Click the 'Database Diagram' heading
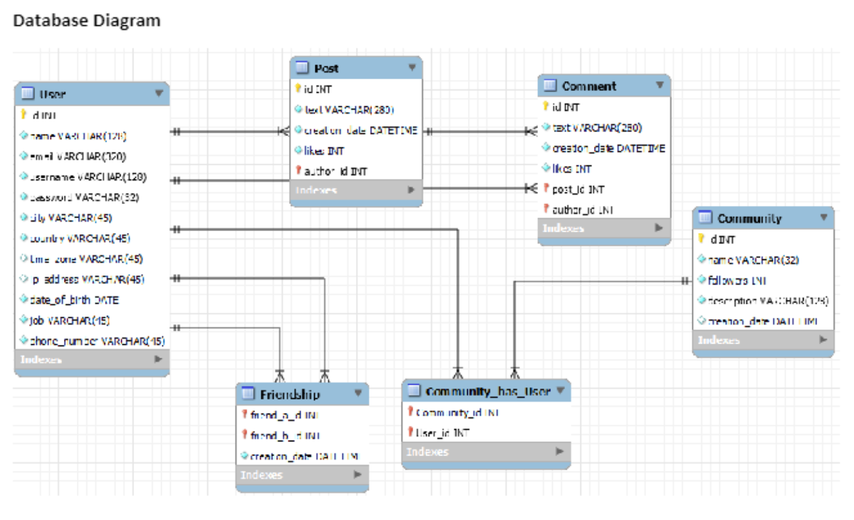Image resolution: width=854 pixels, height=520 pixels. [x=87, y=21]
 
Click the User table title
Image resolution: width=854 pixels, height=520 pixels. [x=53, y=94]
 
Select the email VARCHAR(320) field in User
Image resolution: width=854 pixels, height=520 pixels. [x=78, y=156]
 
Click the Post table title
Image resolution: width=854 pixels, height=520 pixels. [x=326, y=68]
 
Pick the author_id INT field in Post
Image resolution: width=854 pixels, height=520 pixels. [x=335, y=171]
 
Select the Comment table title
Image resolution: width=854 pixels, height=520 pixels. [x=588, y=86]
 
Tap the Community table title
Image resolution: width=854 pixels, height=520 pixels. [x=749, y=218]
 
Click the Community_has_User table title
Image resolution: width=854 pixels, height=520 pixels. [x=487, y=391]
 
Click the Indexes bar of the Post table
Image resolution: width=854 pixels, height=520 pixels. [x=355, y=190]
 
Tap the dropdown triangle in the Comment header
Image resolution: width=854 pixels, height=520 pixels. [x=659, y=85]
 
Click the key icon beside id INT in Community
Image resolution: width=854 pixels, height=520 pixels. [x=701, y=239]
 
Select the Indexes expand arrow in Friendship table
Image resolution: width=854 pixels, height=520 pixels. [x=357, y=475]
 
